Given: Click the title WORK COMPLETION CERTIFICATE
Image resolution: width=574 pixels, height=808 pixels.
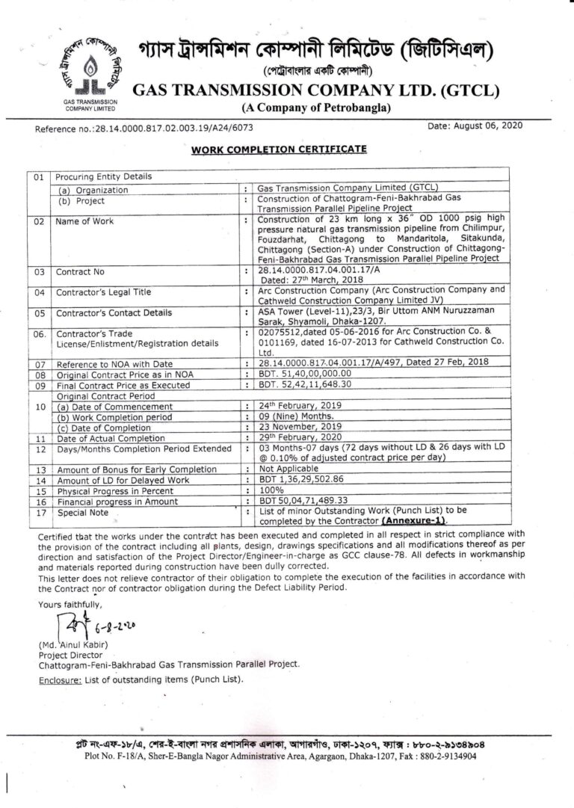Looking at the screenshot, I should point(279,149).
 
